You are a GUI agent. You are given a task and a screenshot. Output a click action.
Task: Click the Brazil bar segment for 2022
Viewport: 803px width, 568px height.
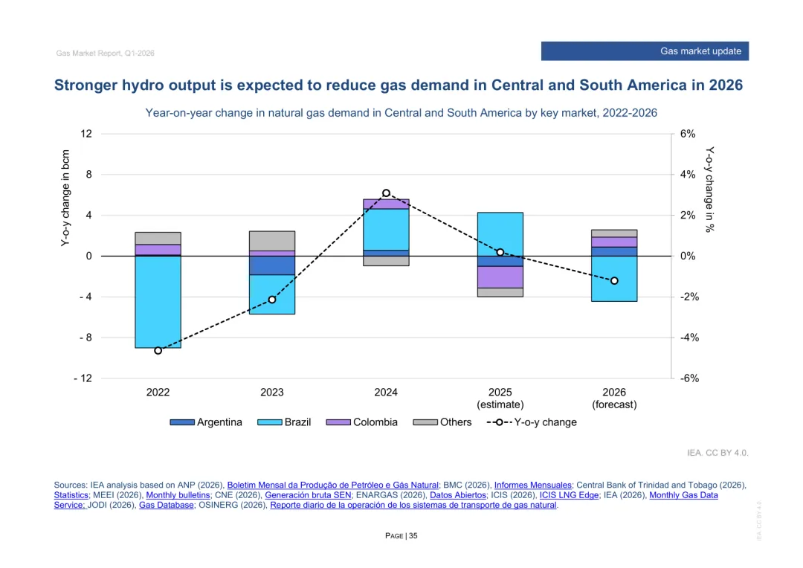158,302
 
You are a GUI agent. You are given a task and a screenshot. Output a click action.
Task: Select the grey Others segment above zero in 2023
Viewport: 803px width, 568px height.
272,241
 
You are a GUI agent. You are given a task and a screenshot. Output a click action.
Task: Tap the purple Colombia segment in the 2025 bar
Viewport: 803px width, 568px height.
500,277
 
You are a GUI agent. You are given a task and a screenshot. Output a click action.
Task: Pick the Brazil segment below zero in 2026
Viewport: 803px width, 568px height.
614,279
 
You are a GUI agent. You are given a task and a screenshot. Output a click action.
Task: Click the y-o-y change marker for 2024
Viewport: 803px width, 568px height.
386,193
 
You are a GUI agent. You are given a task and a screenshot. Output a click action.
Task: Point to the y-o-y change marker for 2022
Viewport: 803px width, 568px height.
158,350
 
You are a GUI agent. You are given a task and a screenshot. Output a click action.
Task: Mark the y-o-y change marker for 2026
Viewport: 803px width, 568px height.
614,281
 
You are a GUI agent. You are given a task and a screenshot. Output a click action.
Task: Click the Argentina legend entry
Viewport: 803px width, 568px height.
206,422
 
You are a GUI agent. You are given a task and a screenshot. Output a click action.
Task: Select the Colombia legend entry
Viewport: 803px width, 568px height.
362,422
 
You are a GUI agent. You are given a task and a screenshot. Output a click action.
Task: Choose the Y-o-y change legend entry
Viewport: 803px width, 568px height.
532,422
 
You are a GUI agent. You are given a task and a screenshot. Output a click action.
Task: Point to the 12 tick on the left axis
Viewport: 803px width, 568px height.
87,134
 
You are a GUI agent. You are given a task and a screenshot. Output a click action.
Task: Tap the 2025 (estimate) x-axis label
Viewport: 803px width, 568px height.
500,398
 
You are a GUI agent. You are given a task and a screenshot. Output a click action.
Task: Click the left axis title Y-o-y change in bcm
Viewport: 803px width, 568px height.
65,198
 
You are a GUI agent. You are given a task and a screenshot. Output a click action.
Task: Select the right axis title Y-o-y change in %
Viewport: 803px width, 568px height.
709,189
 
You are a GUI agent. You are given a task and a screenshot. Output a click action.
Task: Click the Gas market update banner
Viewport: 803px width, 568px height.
645,51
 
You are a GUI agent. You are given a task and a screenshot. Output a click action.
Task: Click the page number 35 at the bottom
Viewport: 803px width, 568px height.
413,536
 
